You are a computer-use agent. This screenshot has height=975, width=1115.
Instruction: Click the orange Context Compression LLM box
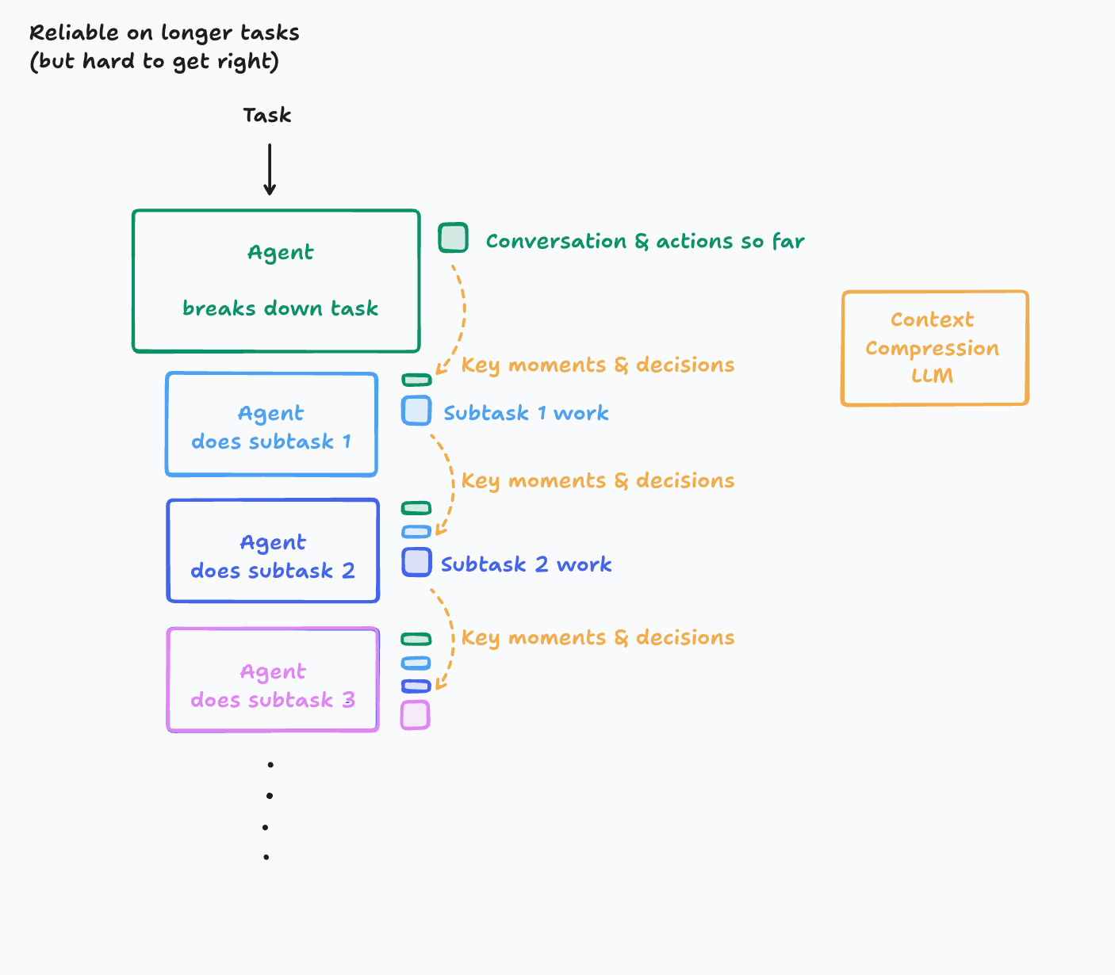(934, 348)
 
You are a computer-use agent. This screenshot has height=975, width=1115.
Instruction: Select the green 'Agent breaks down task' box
(276, 281)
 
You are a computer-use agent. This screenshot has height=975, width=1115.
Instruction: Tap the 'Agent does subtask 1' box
(271, 425)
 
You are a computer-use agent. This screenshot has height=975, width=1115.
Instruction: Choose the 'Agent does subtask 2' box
(273, 551)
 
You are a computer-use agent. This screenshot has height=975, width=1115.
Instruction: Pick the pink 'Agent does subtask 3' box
(273, 680)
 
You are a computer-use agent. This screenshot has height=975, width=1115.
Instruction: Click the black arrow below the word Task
(270, 169)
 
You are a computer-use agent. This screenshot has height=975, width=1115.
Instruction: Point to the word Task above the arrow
(267, 116)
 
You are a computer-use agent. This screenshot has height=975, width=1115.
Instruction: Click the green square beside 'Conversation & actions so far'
(453, 238)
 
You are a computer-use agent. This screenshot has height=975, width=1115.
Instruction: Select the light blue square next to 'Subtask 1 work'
(416, 411)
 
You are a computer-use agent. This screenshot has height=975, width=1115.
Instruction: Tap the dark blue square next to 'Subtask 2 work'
(416, 562)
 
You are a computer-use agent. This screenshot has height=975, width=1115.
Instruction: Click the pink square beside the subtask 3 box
(415, 715)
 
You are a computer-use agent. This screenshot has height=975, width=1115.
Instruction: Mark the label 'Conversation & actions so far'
(645, 241)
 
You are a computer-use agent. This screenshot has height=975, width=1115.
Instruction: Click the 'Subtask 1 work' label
(526, 413)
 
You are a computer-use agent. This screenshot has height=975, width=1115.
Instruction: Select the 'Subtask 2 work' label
(526, 564)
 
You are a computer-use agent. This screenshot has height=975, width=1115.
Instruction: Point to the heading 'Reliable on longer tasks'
(164, 33)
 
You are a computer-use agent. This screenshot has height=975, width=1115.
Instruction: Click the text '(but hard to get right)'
(155, 62)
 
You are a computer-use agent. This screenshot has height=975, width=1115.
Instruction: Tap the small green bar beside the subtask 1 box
(416, 380)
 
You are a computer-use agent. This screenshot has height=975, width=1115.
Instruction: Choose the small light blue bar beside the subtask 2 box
(416, 531)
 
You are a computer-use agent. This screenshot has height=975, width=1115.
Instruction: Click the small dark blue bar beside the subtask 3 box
(416, 686)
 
